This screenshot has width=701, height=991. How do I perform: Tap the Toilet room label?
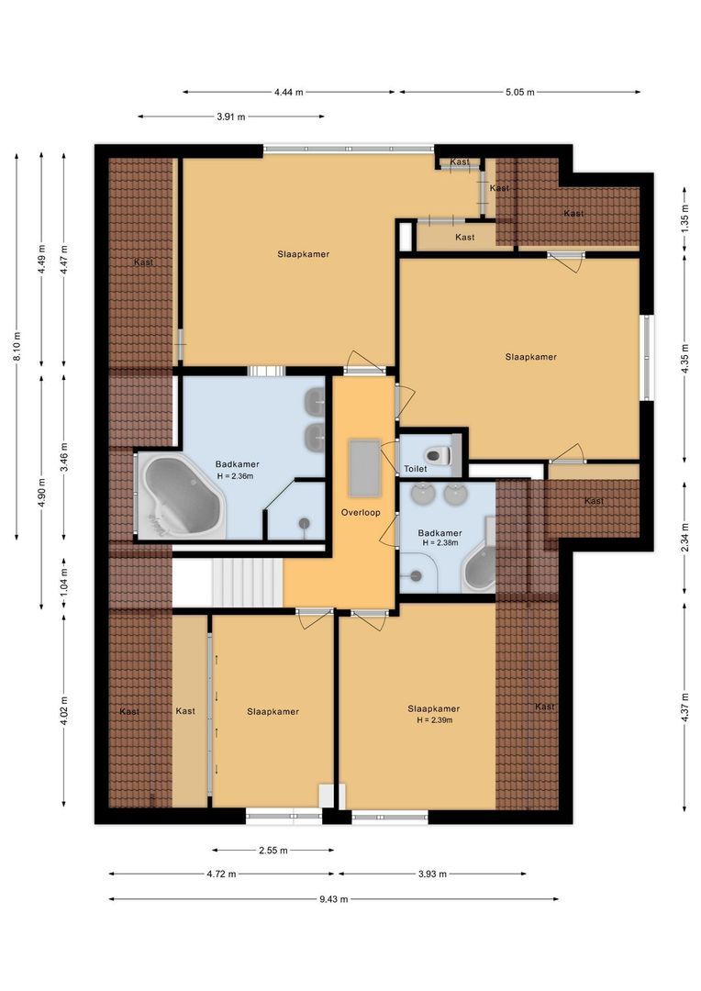pos(416,469)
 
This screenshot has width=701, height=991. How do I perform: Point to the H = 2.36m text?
pos(236,475)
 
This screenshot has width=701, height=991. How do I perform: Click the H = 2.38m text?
pos(440,543)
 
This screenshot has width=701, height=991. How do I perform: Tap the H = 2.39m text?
pos(434,720)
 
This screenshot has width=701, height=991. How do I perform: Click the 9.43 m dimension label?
pos(333,899)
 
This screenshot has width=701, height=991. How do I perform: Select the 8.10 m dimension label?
pos(17,346)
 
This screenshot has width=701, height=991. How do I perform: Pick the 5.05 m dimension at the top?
pos(519,92)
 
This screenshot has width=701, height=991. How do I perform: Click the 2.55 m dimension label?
pos(273,851)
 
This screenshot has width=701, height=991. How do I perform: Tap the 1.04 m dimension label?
pos(63,583)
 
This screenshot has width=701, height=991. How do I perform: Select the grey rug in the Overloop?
pos(364,465)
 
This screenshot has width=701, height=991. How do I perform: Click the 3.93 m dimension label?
pos(431,874)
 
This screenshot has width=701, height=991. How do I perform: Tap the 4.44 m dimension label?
pos(288,92)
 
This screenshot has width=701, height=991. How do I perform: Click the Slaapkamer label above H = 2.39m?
pos(434,708)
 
